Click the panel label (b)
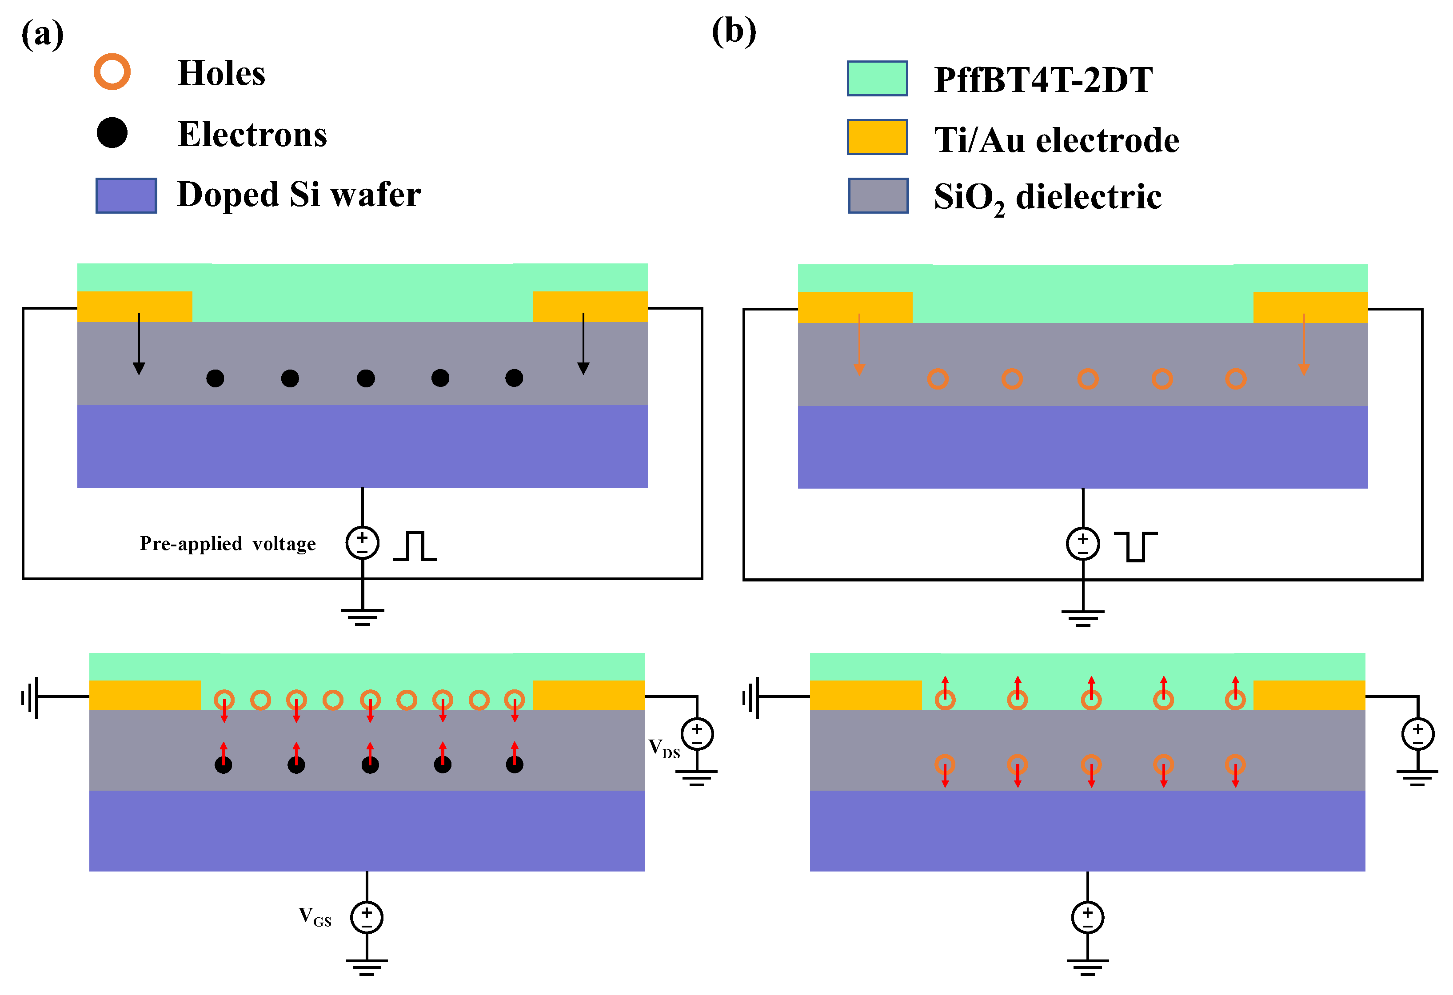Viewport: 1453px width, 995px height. pos(734,31)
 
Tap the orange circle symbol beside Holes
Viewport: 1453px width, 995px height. pos(112,72)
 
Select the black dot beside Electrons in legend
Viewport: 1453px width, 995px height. pos(112,132)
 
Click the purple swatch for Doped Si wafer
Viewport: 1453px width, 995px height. pos(126,195)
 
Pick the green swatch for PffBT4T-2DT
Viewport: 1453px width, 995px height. pos(877,78)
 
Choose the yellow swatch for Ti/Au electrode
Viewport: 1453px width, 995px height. pos(877,137)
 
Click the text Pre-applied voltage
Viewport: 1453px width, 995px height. pos(228,543)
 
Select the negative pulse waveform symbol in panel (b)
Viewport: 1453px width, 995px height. pos(1135,546)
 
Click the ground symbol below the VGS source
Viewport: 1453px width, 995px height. pos(367,966)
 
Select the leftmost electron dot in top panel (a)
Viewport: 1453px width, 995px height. pos(215,378)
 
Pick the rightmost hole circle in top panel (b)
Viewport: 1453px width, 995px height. pos(1235,379)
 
